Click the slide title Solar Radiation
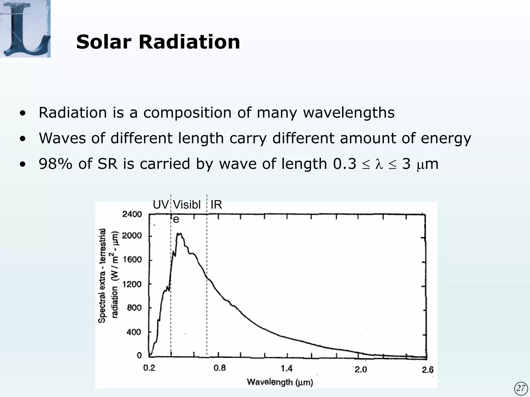coord(158,42)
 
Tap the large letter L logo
coord(25,28)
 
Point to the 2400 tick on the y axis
coord(132,214)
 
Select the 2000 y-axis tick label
coord(132,236)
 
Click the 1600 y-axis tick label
coord(132,260)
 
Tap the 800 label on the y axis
coord(134,308)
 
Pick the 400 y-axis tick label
coord(134,332)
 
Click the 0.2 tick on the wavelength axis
coord(149,368)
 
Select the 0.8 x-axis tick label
coord(219,368)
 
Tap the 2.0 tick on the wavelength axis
coord(361,370)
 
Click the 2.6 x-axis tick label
coord(428,370)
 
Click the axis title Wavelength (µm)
coord(280,382)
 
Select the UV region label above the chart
coord(160,205)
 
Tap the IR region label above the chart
coord(216,205)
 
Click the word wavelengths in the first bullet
coord(349,113)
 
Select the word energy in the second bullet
coord(446,138)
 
